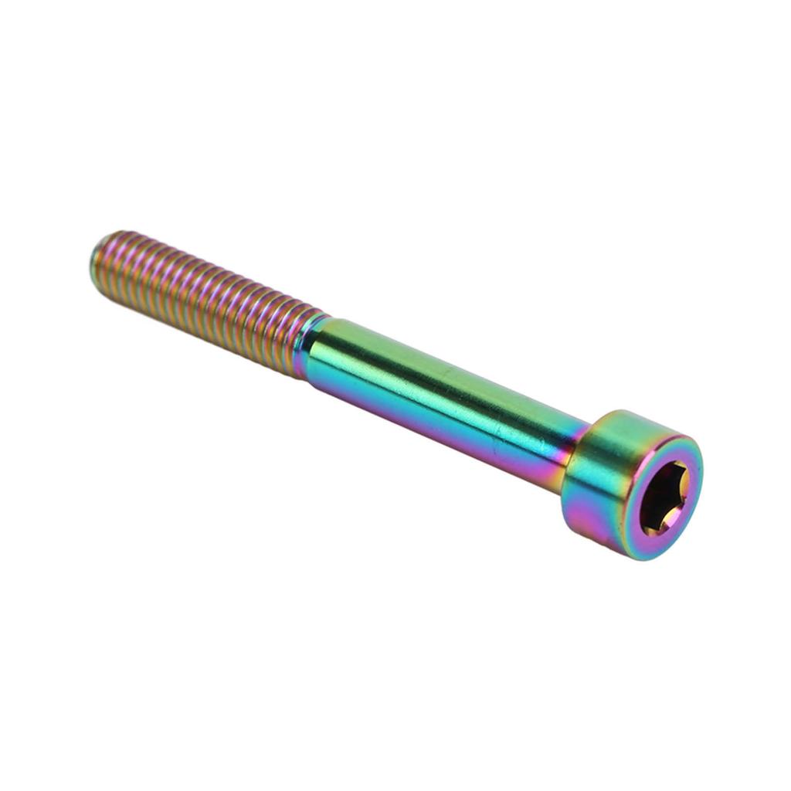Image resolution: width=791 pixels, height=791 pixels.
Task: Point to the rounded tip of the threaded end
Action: pyautogui.click(x=97, y=259)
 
